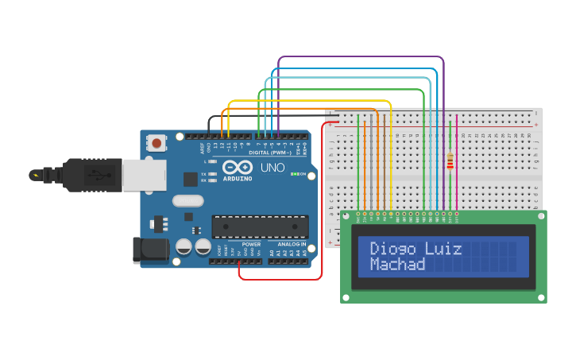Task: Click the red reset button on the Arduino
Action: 157,144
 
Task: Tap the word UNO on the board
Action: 273,168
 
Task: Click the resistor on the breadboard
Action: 450,161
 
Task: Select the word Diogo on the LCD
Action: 393,248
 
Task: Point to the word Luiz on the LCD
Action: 443,248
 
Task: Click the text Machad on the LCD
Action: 398,264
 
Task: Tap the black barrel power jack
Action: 150,250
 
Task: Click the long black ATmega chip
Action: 260,226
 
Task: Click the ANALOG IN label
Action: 292,244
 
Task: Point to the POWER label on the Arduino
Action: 251,244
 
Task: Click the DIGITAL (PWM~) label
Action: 269,152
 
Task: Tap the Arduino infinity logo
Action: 238,168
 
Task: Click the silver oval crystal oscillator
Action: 188,201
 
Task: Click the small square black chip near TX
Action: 191,180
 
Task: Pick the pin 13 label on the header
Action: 215,147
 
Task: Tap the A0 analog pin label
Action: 271,253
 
